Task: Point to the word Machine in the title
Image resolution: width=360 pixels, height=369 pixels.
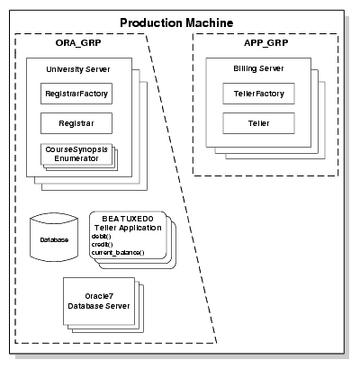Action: pos(207,22)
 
